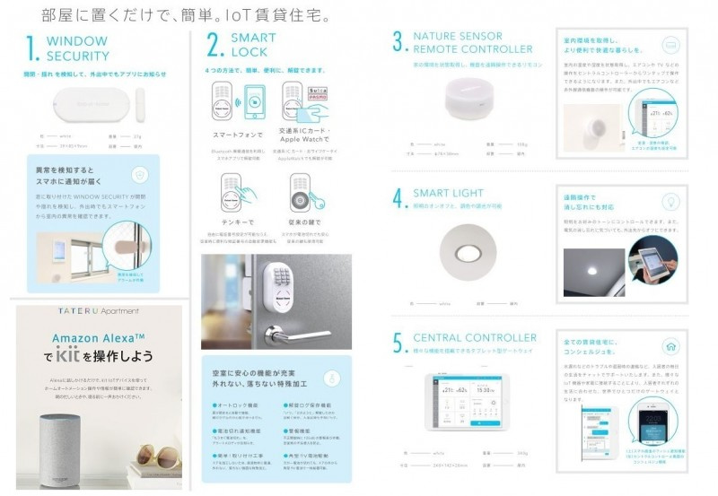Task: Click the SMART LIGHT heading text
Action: pos(449,193)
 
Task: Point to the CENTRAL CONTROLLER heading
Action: pos(475,338)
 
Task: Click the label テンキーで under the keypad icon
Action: pos(237,220)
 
